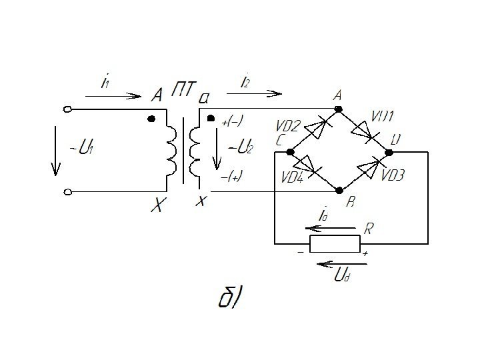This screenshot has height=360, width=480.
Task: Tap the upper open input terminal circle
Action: (67, 109)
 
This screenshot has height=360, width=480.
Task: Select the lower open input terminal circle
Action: (67, 193)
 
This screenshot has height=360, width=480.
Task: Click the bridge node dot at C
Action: (290, 152)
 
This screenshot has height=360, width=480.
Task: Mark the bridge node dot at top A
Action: (339, 108)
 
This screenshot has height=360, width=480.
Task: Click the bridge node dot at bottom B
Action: (340, 191)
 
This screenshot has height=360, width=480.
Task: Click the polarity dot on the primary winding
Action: (151, 119)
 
